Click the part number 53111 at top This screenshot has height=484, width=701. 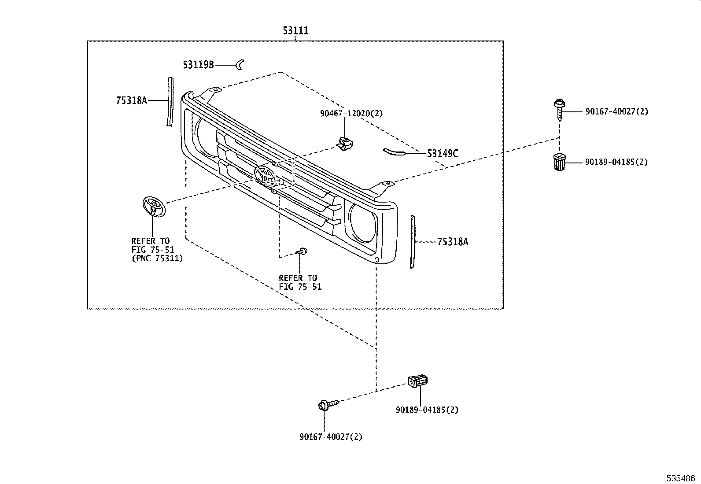(x=295, y=30)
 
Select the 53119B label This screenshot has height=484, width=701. (x=198, y=65)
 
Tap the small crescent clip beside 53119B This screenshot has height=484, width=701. (x=240, y=65)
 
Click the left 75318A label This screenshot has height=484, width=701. (x=131, y=100)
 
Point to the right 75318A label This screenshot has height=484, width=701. (x=453, y=242)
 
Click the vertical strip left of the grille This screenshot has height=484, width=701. (x=170, y=102)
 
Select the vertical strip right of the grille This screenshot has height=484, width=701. (x=412, y=242)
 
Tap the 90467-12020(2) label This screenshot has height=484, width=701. (x=351, y=114)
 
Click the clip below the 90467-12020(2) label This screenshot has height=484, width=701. (x=344, y=143)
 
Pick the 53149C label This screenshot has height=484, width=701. (x=443, y=154)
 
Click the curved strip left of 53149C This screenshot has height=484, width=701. (x=393, y=152)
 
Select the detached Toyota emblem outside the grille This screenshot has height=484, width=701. (x=153, y=206)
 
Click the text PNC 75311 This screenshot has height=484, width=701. (x=157, y=259)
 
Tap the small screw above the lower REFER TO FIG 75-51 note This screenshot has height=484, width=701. (x=302, y=251)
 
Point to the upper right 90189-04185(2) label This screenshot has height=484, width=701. (x=616, y=162)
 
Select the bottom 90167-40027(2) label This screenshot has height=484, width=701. (x=331, y=437)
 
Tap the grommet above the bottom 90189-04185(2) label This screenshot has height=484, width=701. (x=418, y=381)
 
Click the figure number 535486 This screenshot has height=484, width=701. (x=680, y=478)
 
